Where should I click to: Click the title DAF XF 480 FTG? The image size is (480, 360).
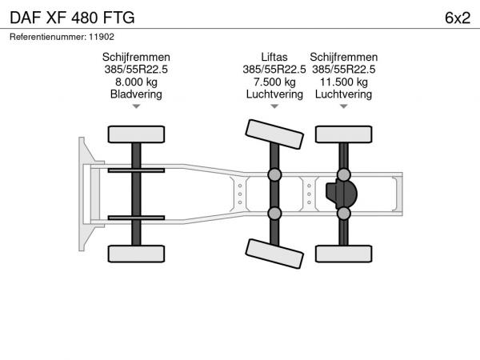click(x=72, y=18)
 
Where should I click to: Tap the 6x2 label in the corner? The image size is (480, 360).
click(x=458, y=18)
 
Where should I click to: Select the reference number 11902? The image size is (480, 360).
click(x=102, y=37)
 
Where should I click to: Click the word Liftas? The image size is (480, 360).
click(x=274, y=58)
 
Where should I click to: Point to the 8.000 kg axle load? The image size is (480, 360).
click(x=136, y=82)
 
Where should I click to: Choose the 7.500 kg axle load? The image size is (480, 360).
click(x=274, y=82)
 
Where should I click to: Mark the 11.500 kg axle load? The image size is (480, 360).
click(x=344, y=82)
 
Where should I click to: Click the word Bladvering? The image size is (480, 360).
click(x=136, y=94)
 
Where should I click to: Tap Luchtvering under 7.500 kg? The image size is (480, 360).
click(x=274, y=94)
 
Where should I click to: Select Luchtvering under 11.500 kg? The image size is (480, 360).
click(x=343, y=94)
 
